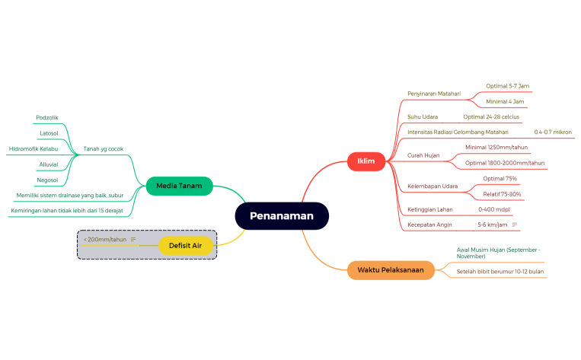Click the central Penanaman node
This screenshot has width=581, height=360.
coord(282,216)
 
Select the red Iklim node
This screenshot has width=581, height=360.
coord(366,161)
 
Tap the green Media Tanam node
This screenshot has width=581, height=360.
coord(179,186)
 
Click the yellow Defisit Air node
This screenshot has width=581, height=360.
coord(186,245)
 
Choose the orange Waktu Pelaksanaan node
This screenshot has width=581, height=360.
coord(391,270)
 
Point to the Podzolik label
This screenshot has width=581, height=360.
coord(47,117)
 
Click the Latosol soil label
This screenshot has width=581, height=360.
coord(49,133)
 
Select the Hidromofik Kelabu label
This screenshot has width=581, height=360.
coord(34,148)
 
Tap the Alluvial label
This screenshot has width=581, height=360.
coord(49,164)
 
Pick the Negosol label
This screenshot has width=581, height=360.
coord(48,180)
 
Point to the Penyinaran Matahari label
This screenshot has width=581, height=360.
coord(434,94)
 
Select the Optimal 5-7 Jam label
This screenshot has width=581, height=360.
coord(508,86)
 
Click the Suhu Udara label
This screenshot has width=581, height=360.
coord(423,116)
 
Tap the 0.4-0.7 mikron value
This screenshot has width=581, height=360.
coord(553,132)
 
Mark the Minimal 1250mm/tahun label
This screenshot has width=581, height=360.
coord(496,147)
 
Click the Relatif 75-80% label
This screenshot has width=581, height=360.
coord(502,194)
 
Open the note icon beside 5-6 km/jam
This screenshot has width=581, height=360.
coord(516,225)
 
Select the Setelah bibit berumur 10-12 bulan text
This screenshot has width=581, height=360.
coord(500,271)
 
